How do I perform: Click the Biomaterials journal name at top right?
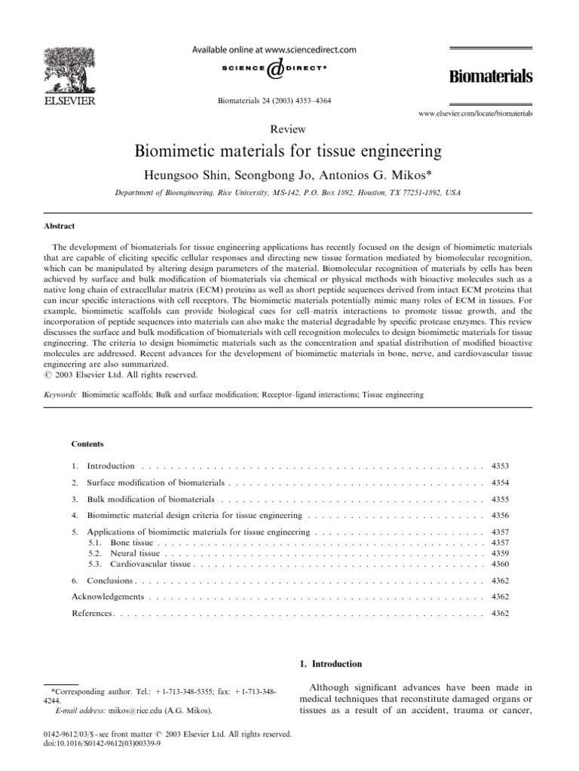coord(492,76)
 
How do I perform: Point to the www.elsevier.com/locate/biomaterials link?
coord(475,113)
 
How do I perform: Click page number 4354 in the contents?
coord(500,481)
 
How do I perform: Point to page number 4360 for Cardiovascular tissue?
coord(500,563)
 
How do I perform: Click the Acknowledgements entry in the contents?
coord(107,596)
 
